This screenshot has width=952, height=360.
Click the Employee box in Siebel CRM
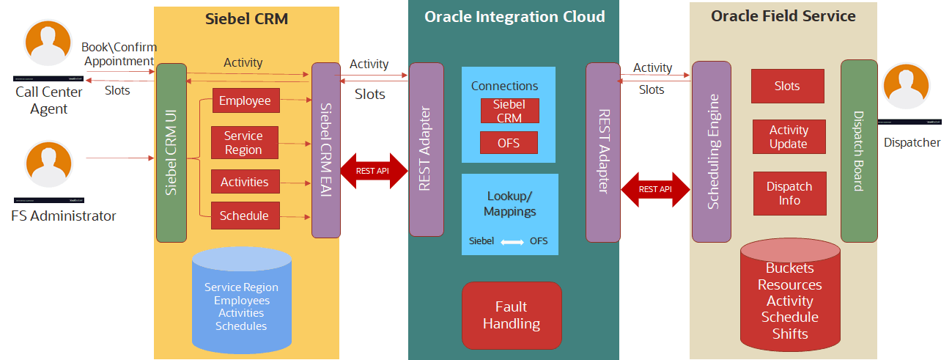pos(246,101)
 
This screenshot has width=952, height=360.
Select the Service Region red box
pos(244,143)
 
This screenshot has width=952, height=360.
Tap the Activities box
pos(245,182)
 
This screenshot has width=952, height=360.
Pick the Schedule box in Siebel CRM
pos(245,216)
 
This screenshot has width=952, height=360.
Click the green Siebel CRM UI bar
pos(171,153)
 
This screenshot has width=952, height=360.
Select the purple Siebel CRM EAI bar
pos(326,150)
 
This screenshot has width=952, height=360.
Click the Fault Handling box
pos(511,315)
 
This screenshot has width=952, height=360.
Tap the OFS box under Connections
pos(509,143)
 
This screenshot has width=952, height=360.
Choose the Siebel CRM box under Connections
pos(509,111)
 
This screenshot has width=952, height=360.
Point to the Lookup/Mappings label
pos(510,204)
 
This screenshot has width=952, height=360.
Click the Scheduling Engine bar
pos(712,151)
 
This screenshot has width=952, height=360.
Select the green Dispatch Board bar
pos(859,150)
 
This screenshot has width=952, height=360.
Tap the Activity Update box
pos(789,137)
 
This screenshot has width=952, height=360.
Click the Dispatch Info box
pos(789,194)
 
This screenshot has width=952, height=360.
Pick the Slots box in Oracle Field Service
pos(787,87)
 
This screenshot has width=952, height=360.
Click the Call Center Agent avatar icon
pos(48,43)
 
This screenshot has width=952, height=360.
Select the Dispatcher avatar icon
pos(906,87)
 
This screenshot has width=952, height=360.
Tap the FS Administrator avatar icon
pos(48,165)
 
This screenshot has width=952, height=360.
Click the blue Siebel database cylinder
pos(242,300)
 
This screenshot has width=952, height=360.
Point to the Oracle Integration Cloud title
pos(515,17)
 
